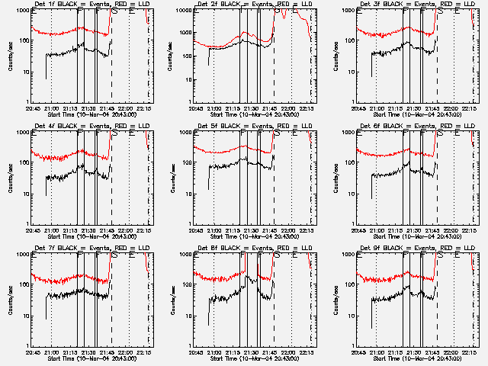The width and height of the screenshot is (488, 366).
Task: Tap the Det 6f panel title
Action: click(415, 126)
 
